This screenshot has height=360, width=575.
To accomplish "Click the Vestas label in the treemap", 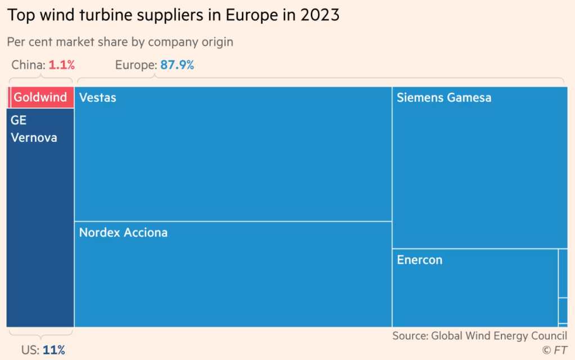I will [98, 98].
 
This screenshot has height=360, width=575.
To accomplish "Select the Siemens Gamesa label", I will [444, 98].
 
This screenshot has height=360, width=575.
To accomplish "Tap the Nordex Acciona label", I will [123, 232].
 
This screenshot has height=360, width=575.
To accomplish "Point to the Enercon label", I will [419, 260].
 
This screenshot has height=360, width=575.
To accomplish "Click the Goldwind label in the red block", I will [40, 97].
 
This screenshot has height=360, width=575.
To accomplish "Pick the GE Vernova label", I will [34, 129].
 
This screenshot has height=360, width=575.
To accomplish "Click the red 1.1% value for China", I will [61, 65].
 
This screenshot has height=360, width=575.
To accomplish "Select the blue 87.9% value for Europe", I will [177, 65].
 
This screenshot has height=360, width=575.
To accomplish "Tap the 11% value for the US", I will [54, 350].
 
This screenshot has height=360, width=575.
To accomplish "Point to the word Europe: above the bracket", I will [135, 65].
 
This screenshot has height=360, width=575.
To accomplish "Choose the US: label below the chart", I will [30, 350].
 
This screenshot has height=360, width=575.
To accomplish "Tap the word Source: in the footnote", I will [410, 336].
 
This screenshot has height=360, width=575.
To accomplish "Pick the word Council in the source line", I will [546, 336].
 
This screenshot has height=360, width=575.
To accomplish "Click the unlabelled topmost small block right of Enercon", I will [563, 273].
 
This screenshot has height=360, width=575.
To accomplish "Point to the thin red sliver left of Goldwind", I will [9, 97].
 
